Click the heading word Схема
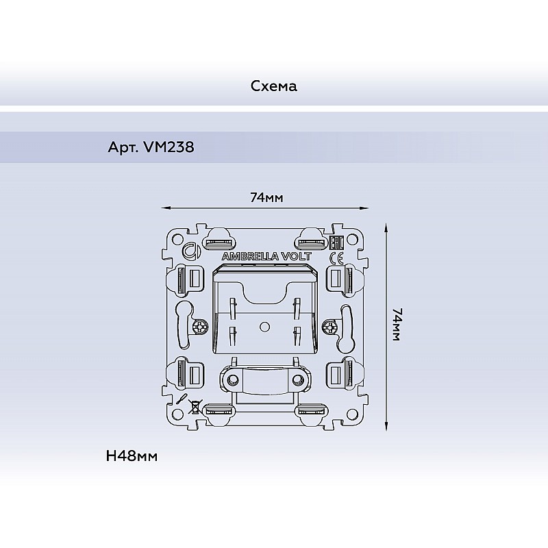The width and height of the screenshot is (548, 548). click(273, 86)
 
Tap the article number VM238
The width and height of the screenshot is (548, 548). click(169, 147)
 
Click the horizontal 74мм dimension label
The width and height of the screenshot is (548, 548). click(266, 198)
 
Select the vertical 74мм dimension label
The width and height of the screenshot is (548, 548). click(397, 324)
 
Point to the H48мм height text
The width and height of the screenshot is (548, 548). click(132, 456)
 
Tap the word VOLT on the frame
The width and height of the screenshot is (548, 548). click(297, 256)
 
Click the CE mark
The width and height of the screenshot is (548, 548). click(336, 258)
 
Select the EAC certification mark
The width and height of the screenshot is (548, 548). click(337, 242)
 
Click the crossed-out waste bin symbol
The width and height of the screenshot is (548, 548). click(195, 406)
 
